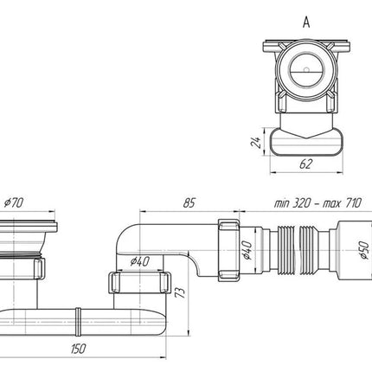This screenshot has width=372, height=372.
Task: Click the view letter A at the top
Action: point(306,22)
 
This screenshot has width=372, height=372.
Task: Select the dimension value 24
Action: point(256,142)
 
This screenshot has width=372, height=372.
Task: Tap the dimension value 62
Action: point(306,164)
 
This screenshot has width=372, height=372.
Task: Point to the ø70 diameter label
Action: point(14,202)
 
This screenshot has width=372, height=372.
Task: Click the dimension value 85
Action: point(189,202)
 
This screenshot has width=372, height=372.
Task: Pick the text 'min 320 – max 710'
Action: point(317,203)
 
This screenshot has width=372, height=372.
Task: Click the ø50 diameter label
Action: point(364,250)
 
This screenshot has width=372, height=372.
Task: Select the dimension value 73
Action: point(180,292)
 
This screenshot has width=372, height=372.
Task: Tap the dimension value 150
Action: point(78,349)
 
